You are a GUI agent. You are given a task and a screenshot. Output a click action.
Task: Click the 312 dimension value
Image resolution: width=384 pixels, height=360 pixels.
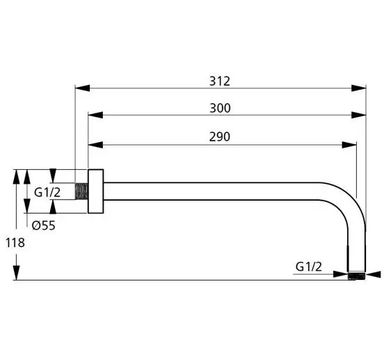pyautogui.click(x=220, y=81)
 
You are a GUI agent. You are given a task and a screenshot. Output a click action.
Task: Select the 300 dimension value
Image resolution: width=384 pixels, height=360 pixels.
pyautogui.click(x=220, y=108)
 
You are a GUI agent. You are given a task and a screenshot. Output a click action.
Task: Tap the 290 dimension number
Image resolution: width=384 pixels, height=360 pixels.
pyautogui.click(x=220, y=136)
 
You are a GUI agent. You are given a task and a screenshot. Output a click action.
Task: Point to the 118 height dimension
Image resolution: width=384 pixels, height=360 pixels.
pyautogui.click(x=15, y=243)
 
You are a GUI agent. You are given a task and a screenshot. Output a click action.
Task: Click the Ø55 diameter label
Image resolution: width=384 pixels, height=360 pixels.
pyautogui.click(x=44, y=226)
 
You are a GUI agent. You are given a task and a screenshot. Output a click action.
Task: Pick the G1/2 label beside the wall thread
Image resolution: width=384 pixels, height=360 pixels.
pyautogui.click(x=47, y=192)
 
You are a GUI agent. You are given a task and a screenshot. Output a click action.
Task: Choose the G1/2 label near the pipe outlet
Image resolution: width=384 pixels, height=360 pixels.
pyautogui.click(x=309, y=267)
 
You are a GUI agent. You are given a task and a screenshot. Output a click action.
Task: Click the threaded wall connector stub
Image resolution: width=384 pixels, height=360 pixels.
pyautogui.click(x=81, y=191)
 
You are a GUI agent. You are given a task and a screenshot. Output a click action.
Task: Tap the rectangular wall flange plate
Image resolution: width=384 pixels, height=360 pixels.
pyautogui.click(x=95, y=191)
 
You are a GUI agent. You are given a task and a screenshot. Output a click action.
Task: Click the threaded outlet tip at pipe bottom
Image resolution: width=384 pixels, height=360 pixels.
pyautogui.click(x=357, y=276)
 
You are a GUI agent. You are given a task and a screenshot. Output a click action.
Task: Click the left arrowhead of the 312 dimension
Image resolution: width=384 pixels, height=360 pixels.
pyautogui.click(x=82, y=88)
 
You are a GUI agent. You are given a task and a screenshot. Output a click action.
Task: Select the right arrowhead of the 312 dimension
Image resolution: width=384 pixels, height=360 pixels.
pyautogui.click(x=359, y=88)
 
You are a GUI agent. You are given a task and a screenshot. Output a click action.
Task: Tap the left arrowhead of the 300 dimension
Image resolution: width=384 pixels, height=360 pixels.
pyautogui.click(x=95, y=115)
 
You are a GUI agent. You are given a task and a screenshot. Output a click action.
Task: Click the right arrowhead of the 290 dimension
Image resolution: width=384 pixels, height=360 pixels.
pyautogui.click(x=349, y=145)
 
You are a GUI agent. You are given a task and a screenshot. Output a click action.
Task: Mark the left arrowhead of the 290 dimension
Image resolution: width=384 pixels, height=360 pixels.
pyautogui.click(x=95, y=145)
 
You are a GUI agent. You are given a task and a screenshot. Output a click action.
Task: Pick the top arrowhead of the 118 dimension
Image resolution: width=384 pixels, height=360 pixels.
pyautogui.click(x=16, y=176)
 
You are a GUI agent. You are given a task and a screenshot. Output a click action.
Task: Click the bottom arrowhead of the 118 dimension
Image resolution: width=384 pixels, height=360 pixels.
pyautogui.click(x=16, y=272)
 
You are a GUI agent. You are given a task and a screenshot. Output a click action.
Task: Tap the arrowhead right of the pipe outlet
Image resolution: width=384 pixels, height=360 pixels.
pyautogui.click(x=374, y=274)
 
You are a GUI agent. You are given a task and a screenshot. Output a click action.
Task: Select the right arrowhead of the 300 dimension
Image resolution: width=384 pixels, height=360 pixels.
pyautogui.click(x=359, y=115)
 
